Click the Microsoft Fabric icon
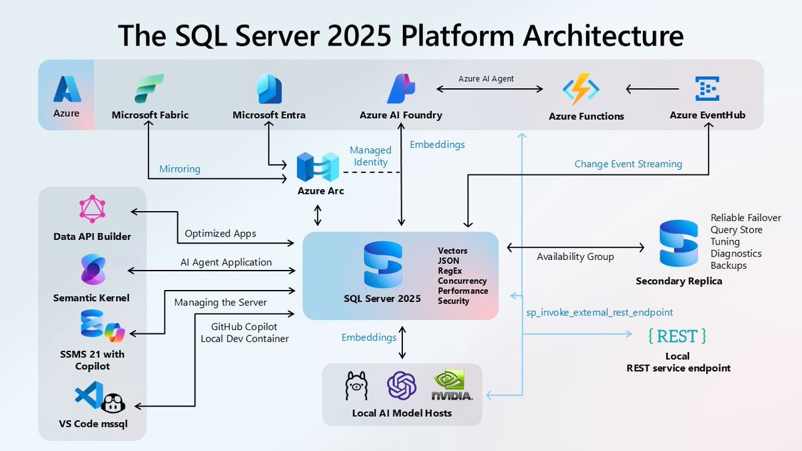coord(150,89)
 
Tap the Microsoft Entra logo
coord(269,89)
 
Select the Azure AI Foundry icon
coord(401,89)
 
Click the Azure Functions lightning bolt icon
coord(581,90)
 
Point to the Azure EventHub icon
coord(707,89)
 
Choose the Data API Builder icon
coord(92,209)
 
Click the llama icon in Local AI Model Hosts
coord(356,386)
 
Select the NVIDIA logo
coord(453,386)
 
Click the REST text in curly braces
coord(678,335)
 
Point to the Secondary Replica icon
coord(678,244)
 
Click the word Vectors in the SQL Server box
coord(452,251)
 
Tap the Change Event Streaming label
coord(628,164)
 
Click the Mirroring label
coord(179,169)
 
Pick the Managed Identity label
coord(370,156)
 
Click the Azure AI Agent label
coord(486,79)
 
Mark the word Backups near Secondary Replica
coord(728,266)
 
